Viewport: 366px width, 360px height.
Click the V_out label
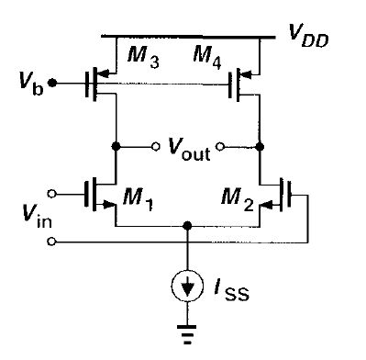click(188, 149)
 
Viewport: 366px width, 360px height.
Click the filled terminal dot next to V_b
click(53, 84)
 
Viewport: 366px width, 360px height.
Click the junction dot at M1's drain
click(116, 145)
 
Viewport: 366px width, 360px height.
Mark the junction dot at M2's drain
click(261, 145)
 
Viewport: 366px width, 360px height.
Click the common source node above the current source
click(188, 224)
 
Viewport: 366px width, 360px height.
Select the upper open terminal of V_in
click(52, 194)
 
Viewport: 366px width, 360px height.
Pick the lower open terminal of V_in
click(52, 242)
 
